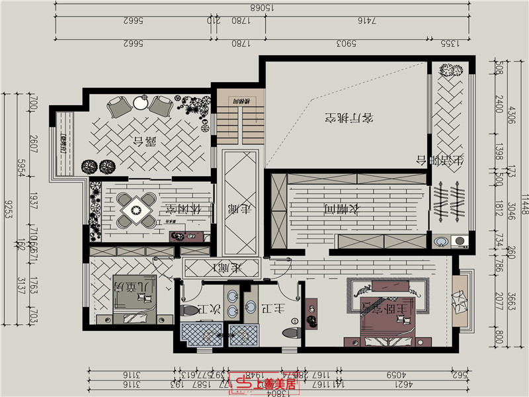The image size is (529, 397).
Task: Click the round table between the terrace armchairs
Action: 140,103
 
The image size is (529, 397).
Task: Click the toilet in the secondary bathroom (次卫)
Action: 188,309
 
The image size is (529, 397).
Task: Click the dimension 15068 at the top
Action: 261,8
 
